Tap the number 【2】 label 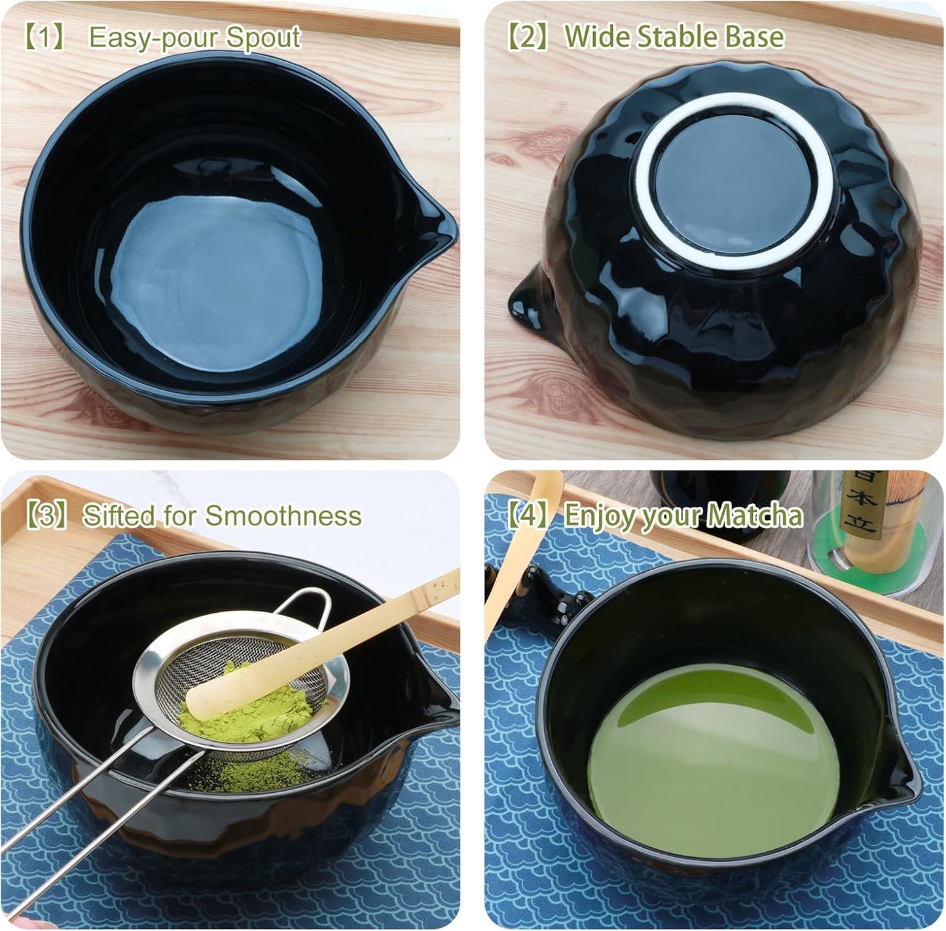click(528, 37)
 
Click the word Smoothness click(283, 516)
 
